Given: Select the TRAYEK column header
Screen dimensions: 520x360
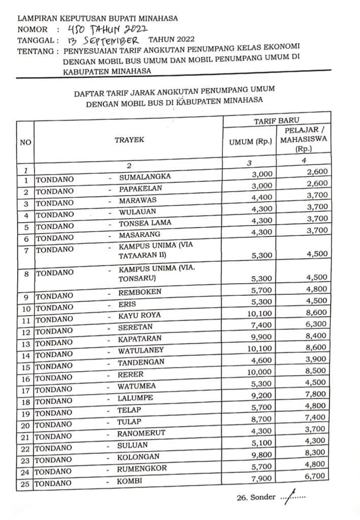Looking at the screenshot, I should pyautogui.click(x=129, y=140).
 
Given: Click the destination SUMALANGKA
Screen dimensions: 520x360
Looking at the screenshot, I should pyautogui.click(x=144, y=177).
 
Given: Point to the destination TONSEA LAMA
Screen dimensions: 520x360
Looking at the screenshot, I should pyautogui.click(x=145, y=223).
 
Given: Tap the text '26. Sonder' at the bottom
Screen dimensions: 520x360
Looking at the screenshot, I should pyautogui.click(x=257, y=497).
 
